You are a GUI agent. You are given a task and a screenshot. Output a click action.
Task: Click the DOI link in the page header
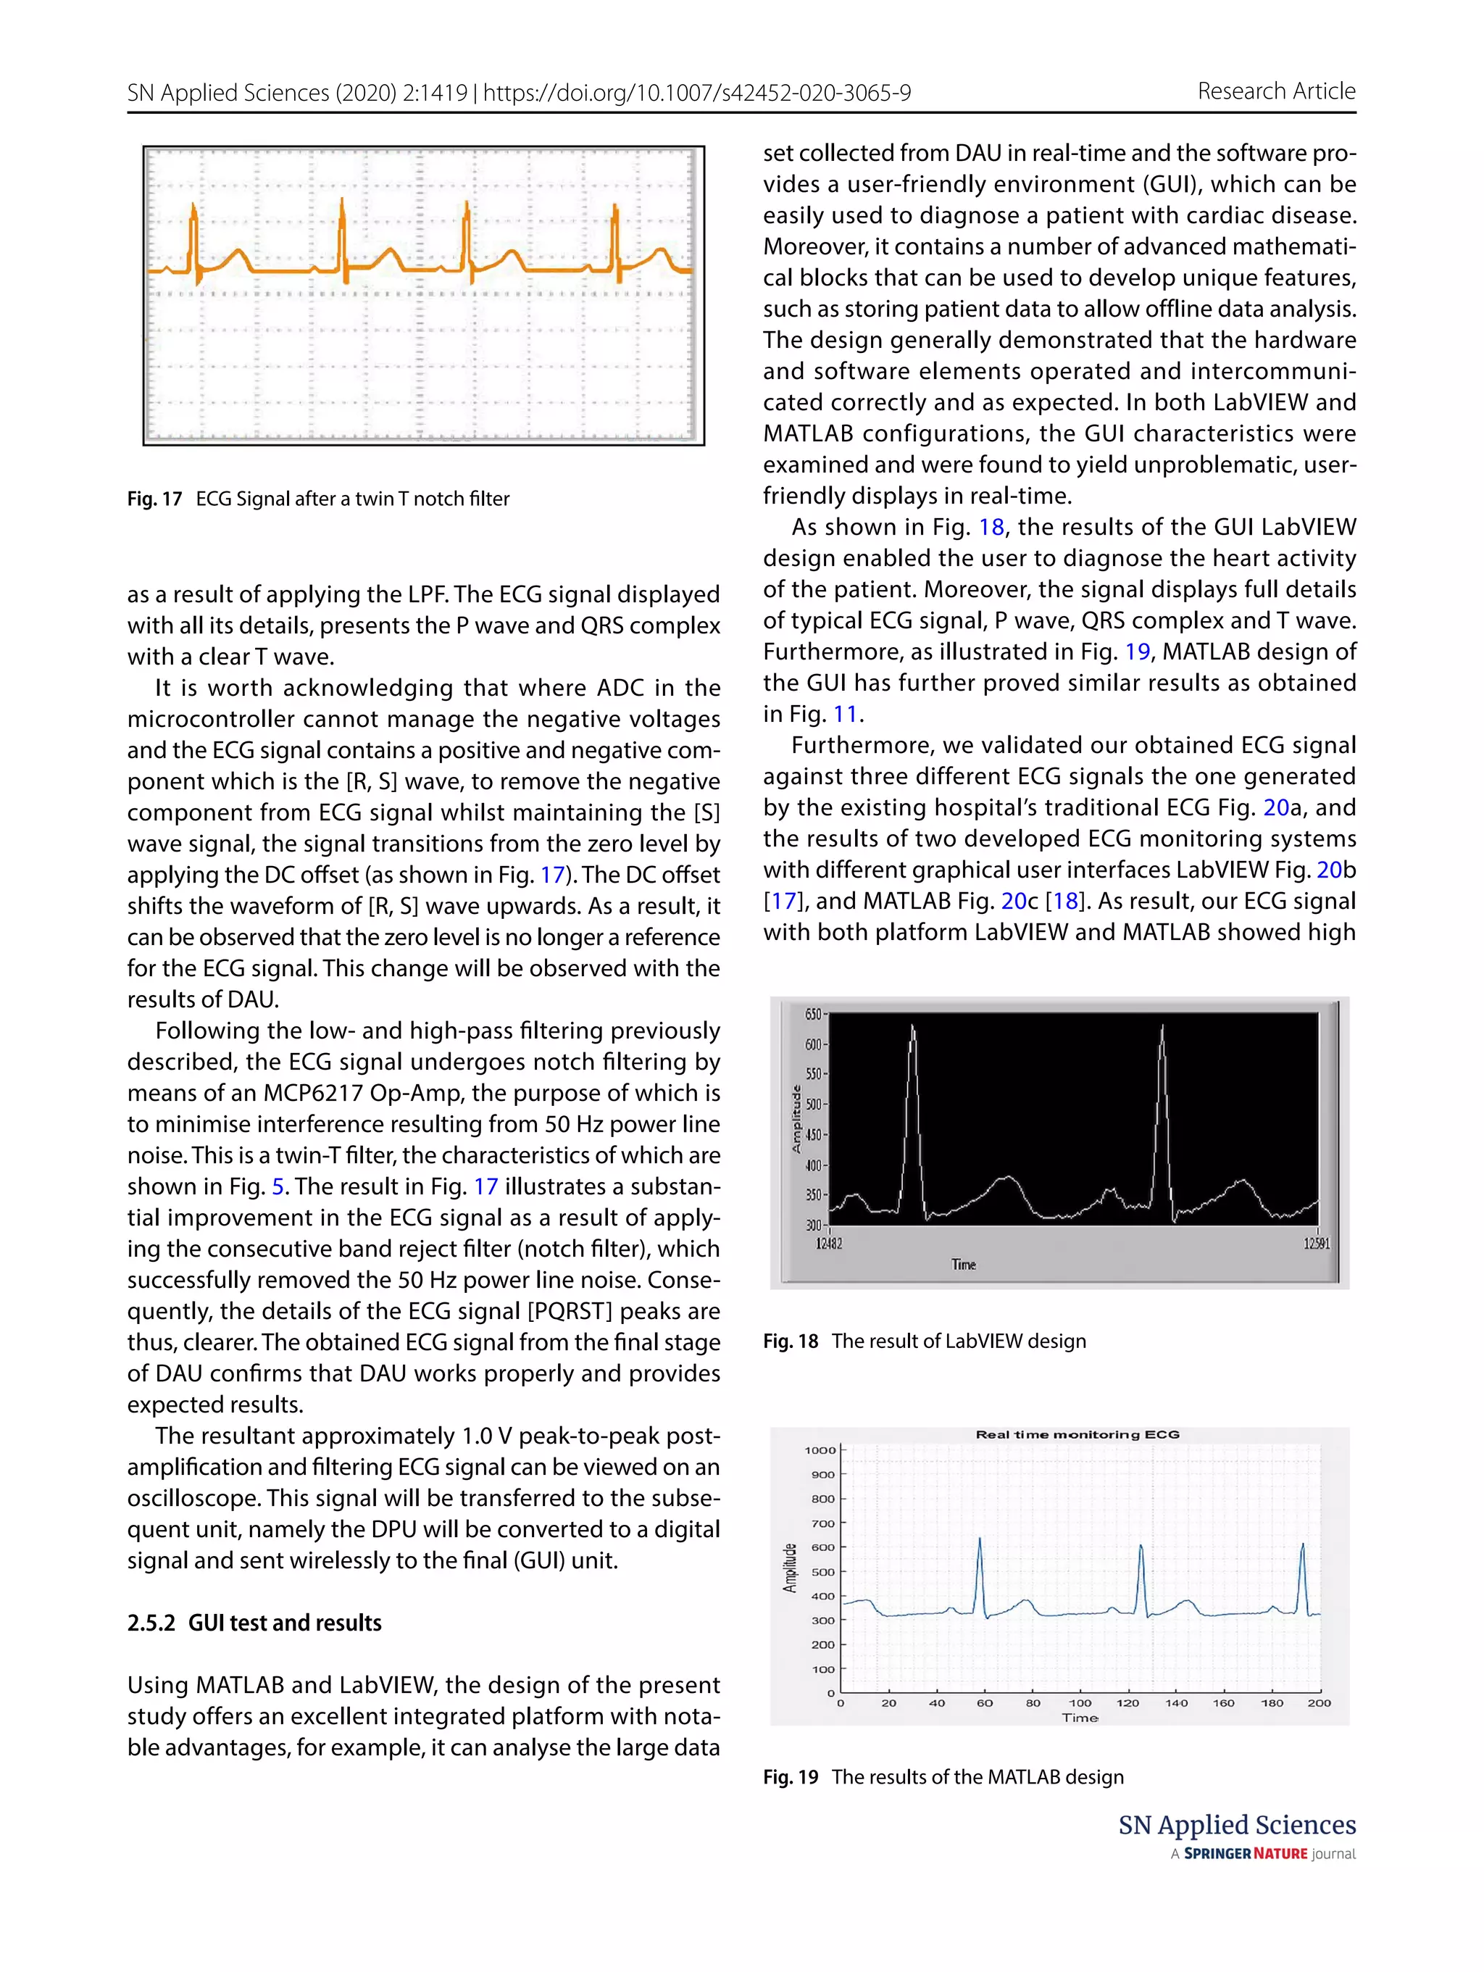697,93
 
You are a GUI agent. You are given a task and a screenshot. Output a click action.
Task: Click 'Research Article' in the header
1275,91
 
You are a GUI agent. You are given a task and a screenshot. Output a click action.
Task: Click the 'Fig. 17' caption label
154,499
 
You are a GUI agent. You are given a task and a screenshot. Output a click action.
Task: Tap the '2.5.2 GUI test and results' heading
254,1623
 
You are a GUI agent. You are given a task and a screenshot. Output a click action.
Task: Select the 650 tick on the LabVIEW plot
813,1015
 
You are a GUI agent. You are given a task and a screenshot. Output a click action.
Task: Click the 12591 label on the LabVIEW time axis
1317,1244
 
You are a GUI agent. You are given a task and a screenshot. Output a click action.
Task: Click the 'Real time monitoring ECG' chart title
1077,1434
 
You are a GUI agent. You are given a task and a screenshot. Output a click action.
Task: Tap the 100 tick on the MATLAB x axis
1080,1703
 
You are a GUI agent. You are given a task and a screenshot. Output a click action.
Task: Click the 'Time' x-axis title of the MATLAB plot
1080,1718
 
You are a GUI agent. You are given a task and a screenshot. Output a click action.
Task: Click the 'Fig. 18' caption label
790,1341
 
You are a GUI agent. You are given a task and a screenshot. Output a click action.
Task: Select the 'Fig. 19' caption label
790,1777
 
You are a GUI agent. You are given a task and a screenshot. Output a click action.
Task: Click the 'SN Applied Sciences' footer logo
1236,1825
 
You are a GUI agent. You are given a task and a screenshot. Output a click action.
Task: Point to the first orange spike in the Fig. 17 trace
193,214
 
